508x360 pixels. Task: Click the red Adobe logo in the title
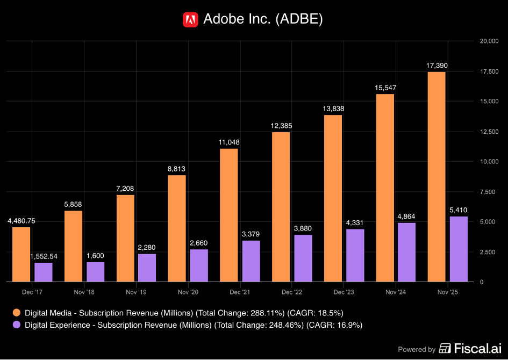[190, 19]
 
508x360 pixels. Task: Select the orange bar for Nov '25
[437, 177]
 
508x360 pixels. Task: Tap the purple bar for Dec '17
[44, 272]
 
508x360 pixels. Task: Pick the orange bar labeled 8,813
[177, 228]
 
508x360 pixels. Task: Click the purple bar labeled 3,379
[251, 261]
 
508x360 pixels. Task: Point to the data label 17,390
[437, 66]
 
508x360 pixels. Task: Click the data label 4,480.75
[22, 221]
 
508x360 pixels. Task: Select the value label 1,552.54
[44, 256]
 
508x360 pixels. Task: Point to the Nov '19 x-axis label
[136, 292]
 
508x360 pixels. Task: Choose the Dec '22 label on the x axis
[291, 292]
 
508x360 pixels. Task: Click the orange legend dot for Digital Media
[16, 313]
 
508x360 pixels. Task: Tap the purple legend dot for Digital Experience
[16, 325]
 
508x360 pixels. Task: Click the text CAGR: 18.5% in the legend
[315, 313]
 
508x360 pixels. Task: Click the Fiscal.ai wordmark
[470, 348]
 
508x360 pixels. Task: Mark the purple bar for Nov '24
[406, 252]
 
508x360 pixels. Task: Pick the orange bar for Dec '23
[333, 198]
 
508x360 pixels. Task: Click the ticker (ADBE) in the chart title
[299, 19]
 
